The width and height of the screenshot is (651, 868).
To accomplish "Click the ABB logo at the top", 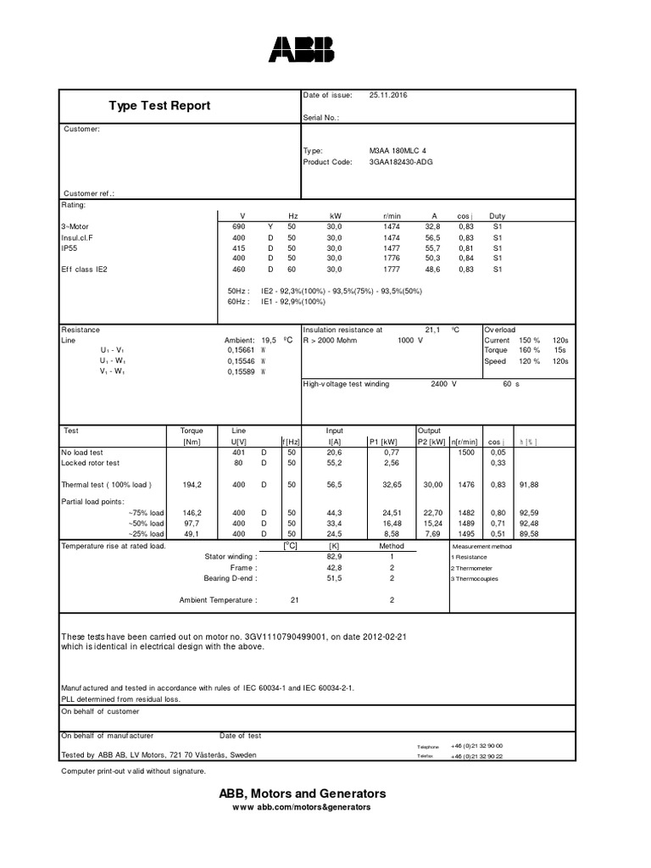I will pos(301,50).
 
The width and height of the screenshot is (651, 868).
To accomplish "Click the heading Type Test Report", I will pos(159,106).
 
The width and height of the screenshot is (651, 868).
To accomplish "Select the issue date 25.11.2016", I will pos(388,95).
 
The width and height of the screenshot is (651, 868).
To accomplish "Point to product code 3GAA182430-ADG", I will pos(401,161).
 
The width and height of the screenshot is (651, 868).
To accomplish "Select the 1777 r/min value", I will pos(391,269).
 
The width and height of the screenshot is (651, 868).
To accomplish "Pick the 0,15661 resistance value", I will pos(241,349).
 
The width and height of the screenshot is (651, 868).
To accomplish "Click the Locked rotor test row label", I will pos(91,463).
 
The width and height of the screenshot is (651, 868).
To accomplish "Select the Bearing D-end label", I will pos(227,578).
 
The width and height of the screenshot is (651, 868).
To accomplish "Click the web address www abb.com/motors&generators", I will pos(302,808).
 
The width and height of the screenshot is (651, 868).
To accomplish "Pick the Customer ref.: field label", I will pos(89,193).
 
